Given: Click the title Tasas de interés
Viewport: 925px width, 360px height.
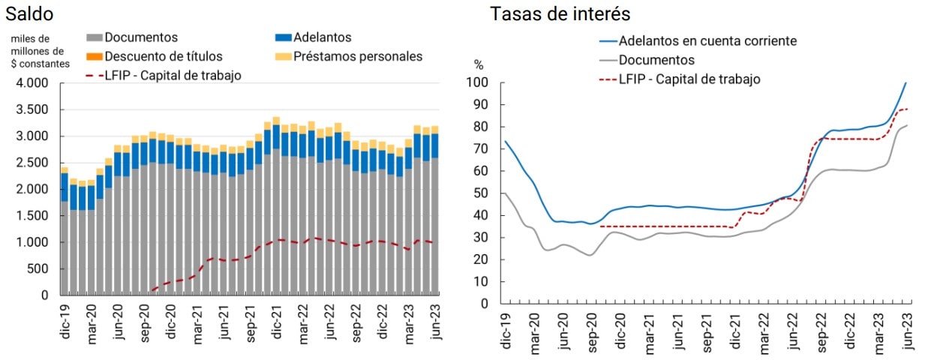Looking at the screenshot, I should coord(560,13).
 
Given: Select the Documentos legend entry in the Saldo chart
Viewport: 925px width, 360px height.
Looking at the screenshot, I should coord(140,37).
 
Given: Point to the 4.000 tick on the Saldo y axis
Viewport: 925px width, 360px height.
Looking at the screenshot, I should coord(32,83).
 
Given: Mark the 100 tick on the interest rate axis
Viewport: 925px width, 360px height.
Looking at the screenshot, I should coord(477,82).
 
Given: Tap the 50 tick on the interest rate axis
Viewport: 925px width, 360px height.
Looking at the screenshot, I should coord(480,193).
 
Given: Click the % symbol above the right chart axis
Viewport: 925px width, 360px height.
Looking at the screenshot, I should coord(479,65).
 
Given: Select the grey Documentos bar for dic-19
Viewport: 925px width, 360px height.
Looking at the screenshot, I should coord(65,247).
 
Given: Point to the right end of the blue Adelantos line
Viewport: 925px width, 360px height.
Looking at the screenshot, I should coord(905,82).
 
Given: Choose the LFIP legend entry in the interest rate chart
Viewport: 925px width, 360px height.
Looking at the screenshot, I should coord(689,79).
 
